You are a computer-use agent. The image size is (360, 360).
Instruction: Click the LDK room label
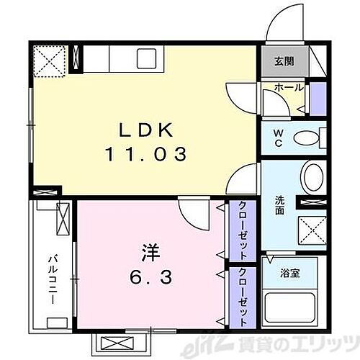(x=146, y=130)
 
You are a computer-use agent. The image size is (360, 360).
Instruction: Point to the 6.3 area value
(x=150, y=278)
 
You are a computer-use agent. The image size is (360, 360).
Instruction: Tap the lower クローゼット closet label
(x=243, y=296)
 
